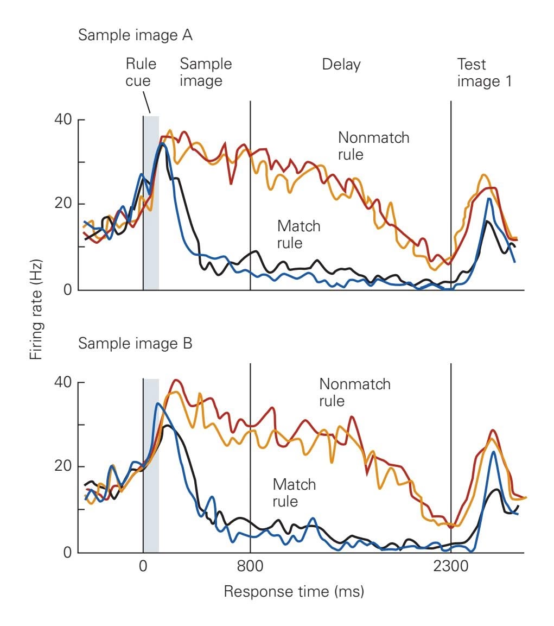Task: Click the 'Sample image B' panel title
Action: click(135, 344)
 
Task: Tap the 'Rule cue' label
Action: click(141, 72)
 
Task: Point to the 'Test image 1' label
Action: click(484, 72)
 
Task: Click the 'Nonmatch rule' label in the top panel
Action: click(373, 146)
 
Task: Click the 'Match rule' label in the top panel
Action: click(298, 234)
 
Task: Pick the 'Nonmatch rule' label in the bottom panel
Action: click(355, 393)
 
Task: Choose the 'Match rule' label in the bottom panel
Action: click(294, 492)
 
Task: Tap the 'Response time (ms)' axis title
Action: click(294, 591)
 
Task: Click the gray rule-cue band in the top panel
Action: click(151, 204)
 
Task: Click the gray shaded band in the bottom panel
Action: click(151, 467)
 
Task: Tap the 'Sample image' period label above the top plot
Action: click(206, 72)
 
